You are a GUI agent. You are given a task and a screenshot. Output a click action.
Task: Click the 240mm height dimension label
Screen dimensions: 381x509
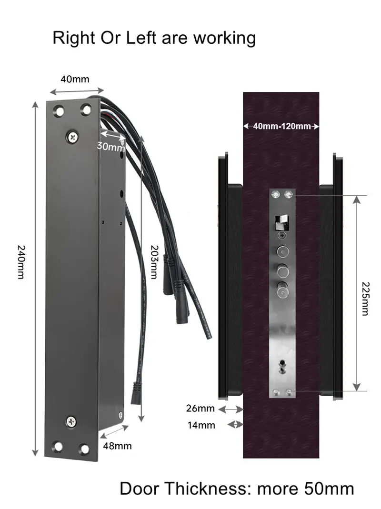tap(21, 262)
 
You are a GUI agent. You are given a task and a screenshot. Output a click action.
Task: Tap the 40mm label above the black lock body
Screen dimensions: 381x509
tap(75, 79)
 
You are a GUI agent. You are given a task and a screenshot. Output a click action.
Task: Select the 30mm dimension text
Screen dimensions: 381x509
tap(111, 146)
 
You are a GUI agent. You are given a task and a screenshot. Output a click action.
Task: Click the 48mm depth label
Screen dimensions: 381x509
tap(117, 446)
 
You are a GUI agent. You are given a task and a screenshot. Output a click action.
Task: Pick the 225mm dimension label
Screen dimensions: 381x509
tap(365, 299)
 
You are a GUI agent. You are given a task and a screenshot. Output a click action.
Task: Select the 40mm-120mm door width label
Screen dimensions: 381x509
tap(281, 126)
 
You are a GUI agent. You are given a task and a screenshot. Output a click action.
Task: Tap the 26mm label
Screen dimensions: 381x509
tap(201, 408)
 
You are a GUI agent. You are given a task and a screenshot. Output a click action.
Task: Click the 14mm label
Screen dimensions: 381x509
tap(201, 425)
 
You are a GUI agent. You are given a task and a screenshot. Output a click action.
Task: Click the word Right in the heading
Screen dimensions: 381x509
tap(74, 38)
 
